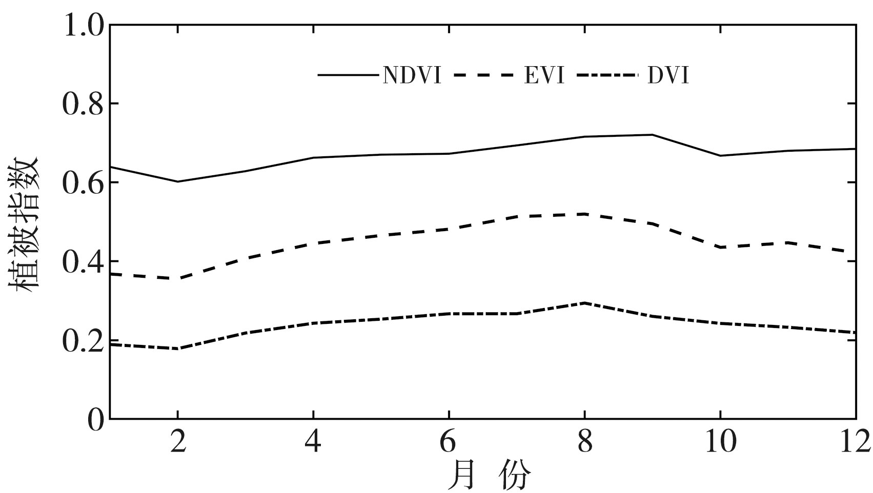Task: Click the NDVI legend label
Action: (412, 76)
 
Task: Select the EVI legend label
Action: (544, 76)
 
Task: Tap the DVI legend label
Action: (668, 76)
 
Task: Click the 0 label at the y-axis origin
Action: (95, 420)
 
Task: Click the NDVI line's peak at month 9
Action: (652, 135)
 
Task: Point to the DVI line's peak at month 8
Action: (584, 303)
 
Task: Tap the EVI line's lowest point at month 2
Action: (177, 278)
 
